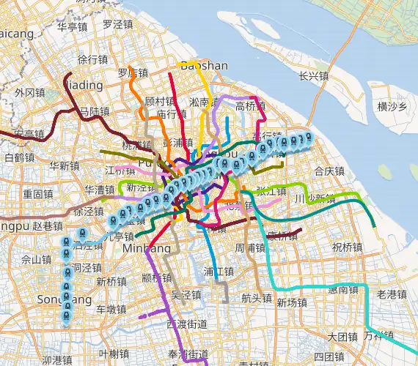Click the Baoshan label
tap(204, 66)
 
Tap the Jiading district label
tap(83, 85)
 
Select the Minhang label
tap(150, 249)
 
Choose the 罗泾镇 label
tap(118, 24)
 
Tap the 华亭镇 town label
tap(73, 26)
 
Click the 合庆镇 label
tap(329, 171)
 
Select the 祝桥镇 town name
tap(347, 247)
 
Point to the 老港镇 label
tap(391, 294)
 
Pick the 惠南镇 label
tap(342, 290)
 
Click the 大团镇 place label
tap(342, 337)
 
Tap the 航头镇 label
tap(257, 298)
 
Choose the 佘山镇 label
tap(37, 259)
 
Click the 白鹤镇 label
tap(19, 157)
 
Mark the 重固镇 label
tap(37, 194)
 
